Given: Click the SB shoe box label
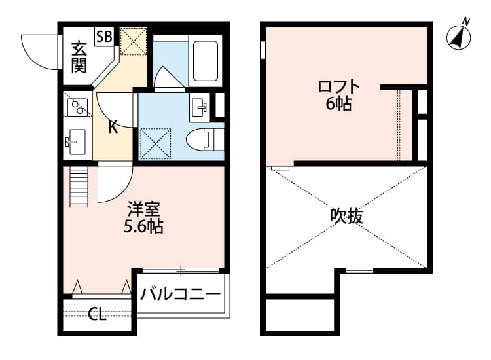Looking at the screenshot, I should point(103,37).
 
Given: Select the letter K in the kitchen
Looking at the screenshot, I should point(113,127).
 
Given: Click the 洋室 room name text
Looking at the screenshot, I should point(144,210).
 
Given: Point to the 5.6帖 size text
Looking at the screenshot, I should point(144,227).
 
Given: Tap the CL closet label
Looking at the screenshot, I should point(98,315).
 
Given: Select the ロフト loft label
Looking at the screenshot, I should point(338,86).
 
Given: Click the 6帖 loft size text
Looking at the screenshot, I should point(338,103).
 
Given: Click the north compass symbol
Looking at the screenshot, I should point(460,37).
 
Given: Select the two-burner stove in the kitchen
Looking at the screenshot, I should point(77,106).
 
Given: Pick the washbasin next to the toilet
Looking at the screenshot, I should point(200,107).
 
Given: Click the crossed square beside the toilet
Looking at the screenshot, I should point(156,143).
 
